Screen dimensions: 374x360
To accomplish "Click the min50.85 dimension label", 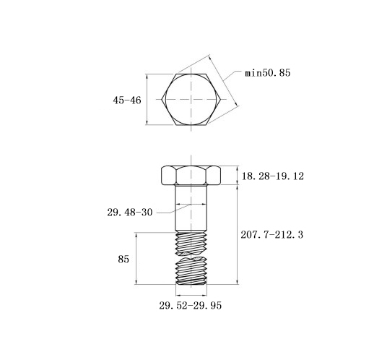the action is (268, 72).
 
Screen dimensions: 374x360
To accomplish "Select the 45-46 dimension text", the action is (127, 100).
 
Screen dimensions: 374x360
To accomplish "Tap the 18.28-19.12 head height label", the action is (273, 176).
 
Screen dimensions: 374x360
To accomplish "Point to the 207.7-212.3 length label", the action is (272, 234).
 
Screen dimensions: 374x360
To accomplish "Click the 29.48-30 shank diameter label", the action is (130, 213).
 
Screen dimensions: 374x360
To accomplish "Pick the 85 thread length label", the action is (123, 260).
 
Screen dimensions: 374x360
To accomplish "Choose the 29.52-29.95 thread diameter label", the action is (190, 306).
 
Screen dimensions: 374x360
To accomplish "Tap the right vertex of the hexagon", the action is (220, 99).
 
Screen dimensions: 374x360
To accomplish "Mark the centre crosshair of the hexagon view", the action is (191, 99).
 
